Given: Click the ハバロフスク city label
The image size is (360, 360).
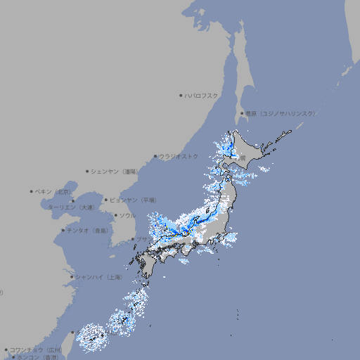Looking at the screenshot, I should tap(202, 95).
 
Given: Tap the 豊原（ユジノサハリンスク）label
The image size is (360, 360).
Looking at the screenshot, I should tap(280, 113).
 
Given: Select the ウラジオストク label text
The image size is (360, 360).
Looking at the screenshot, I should tap(179, 156).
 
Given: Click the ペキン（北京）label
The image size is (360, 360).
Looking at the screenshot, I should tap(53, 191).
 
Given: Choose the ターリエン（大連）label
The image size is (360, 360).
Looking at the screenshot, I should tap(70, 207).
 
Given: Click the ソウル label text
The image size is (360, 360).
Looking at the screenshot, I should tap(127, 215).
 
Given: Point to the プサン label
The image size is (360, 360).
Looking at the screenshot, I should tap(140, 239).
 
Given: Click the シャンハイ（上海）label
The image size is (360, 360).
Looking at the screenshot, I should tap(98, 277).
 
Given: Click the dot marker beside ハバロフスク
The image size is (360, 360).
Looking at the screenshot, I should tap(181, 95).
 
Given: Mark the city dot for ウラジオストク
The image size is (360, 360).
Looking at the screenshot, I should tap(155, 156).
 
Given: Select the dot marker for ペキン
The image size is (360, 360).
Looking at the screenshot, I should tap(32, 191).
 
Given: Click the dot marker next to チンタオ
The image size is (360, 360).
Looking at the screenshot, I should tap(63, 230).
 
